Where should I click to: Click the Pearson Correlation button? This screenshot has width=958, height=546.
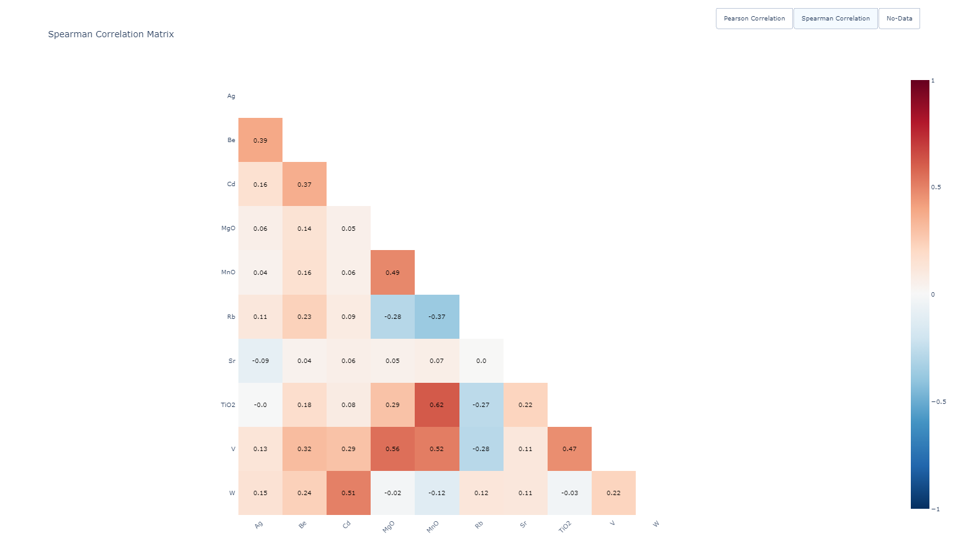tap(754, 19)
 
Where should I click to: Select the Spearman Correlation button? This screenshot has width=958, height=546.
tap(835, 19)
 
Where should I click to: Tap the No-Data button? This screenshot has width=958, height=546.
tap(899, 19)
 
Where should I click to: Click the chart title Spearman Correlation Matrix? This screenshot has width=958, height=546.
tap(111, 35)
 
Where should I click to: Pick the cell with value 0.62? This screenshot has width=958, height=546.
tap(437, 405)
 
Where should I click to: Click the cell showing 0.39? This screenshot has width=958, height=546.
tap(260, 140)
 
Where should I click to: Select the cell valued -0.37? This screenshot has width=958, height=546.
tap(437, 316)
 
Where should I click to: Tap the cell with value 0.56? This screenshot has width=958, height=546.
tap(392, 449)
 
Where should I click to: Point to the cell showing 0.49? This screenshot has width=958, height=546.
tap(392, 272)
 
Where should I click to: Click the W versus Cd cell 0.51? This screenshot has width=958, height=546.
tap(348, 493)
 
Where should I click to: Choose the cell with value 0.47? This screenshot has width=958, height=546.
tap(569, 449)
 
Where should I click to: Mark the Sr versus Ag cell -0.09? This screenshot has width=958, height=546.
tap(260, 360)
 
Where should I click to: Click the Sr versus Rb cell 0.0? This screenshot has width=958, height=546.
tap(481, 360)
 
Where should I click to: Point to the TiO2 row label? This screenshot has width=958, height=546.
tap(228, 405)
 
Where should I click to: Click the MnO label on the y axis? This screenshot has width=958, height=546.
tap(228, 272)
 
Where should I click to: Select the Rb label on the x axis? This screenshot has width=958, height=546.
tap(479, 525)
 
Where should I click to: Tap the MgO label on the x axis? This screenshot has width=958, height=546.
tap(388, 527)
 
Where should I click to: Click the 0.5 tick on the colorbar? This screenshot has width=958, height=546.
tap(936, 187)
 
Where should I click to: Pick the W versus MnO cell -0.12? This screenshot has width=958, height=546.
tap(437, 493)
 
